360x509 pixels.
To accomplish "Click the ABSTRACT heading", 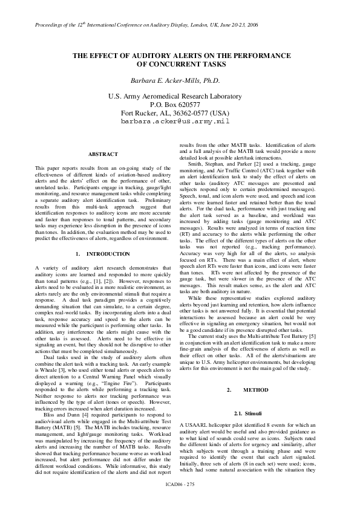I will (103, 154).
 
